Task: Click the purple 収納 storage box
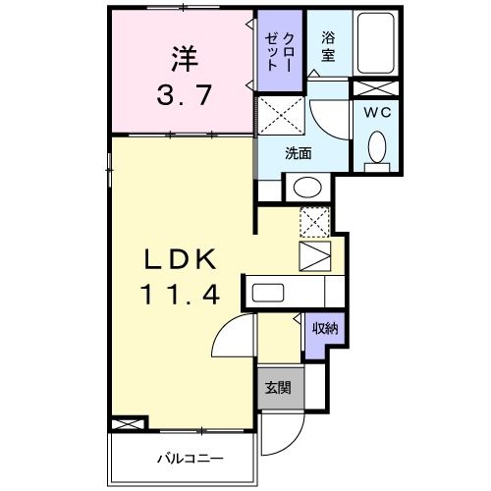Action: (x=325, y=328)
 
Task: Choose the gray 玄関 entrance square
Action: (x=279, y=386)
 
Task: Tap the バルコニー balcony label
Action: (x=191, y=459)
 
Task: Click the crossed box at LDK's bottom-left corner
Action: (x=129, y=425)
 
